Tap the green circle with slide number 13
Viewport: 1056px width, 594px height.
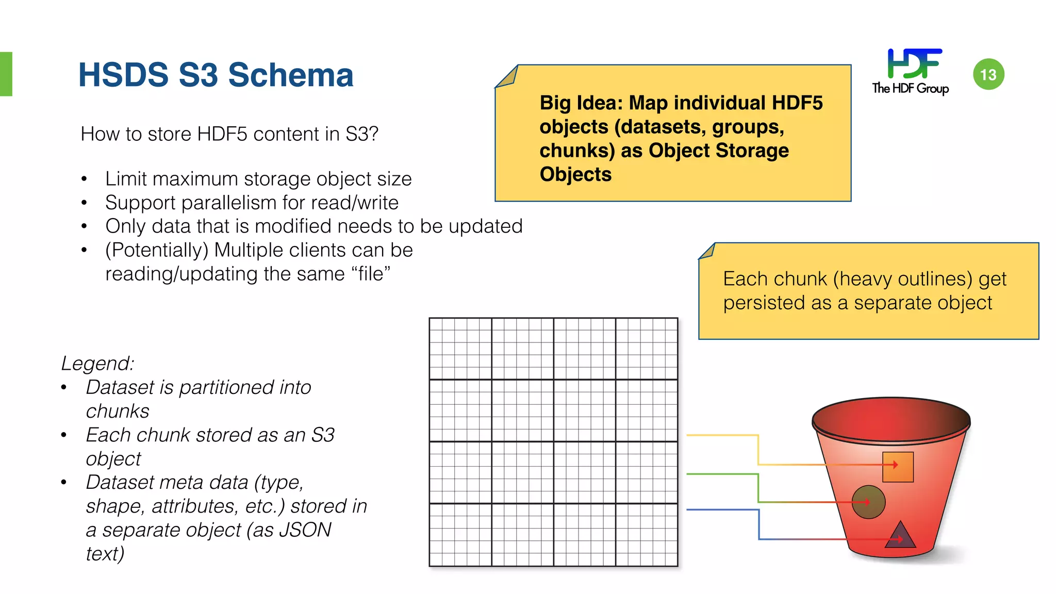(x=988, y=75)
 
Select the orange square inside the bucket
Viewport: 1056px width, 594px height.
(x=898, y=467)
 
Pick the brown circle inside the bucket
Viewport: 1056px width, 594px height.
(x=868, y=502)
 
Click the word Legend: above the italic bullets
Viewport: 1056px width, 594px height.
(x=97, y=364)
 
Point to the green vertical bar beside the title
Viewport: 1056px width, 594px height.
(x=6, y=74)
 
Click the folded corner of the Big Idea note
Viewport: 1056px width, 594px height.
(x=506, y=77)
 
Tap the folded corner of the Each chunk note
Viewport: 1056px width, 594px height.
(x=707, y=251)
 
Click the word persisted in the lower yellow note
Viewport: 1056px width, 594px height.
(x=764, y=303)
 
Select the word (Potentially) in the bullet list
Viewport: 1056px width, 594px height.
(x=157, y=250)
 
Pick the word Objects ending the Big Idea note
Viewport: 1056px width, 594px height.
(x=575, y=174)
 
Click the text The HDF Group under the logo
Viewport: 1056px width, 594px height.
(x=910, y=88)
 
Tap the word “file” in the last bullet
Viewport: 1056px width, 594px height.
(x=371, y=274)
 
